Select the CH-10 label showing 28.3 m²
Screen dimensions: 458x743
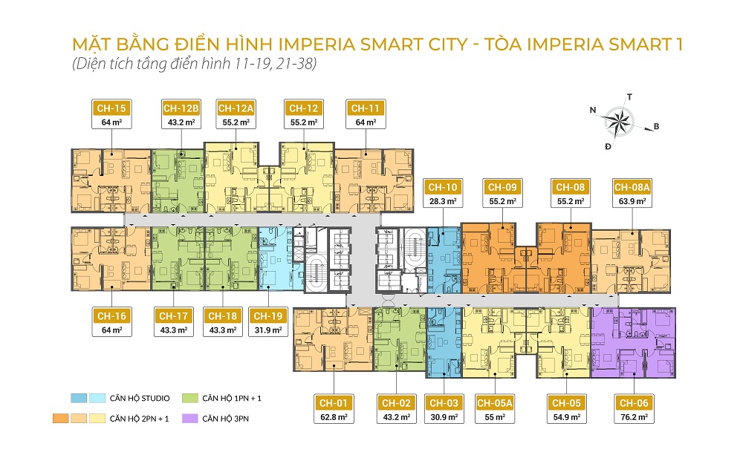441,192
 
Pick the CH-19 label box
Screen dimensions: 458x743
267,322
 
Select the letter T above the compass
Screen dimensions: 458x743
629,96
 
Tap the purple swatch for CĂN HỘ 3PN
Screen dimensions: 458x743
186,419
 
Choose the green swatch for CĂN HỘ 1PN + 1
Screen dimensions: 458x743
186,399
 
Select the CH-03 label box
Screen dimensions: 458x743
444,409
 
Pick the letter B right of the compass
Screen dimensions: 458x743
656,127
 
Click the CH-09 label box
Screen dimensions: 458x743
501,192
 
